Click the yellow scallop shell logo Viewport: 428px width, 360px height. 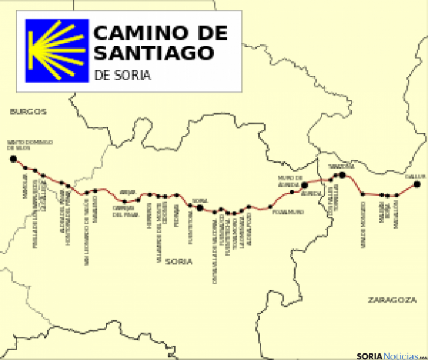coord(56,51)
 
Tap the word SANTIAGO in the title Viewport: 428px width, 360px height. coord(154,53)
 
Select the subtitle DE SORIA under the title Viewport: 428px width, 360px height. coord(122,76)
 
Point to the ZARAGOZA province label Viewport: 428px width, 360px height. coord(392,299)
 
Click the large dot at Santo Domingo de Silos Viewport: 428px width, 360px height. coord(13,159)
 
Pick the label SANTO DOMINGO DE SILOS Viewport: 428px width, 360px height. coord(30,145)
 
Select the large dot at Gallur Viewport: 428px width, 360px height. coord(417,184)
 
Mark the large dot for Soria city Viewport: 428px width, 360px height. coord(200,208)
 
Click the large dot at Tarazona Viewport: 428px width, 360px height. coord(342,175)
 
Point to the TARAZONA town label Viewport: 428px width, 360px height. coord(342,166)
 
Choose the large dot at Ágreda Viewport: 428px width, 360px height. coord(304,185)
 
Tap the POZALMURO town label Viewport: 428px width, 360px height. coord(285,212)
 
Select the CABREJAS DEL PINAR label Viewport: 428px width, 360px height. coord(126,211)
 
